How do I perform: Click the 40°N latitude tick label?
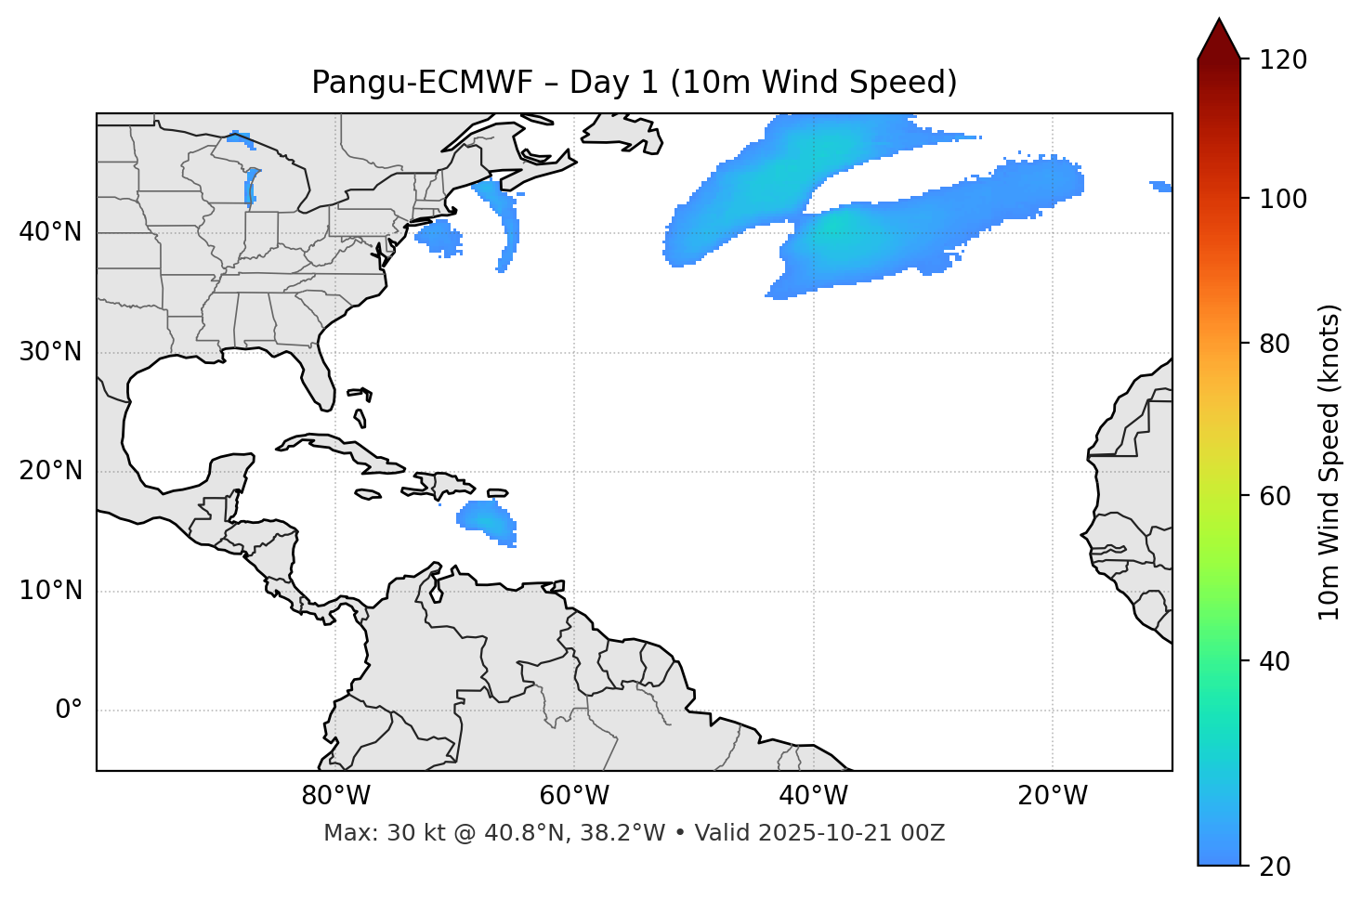tap(50, 232)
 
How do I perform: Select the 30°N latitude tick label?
tap(50, 352)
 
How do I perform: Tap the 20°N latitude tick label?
tap(50, 471)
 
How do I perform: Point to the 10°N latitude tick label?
tap(50, 591)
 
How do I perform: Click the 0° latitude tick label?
tap(69, 711)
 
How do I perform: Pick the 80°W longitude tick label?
tap(335, 796)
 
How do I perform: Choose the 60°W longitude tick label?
tap(574, 796)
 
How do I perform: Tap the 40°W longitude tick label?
tap(813, 796)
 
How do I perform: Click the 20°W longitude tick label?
tap(1053, 796)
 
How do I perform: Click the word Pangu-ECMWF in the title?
tap(422, 83)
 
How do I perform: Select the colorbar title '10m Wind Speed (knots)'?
tap(1329, 462)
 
